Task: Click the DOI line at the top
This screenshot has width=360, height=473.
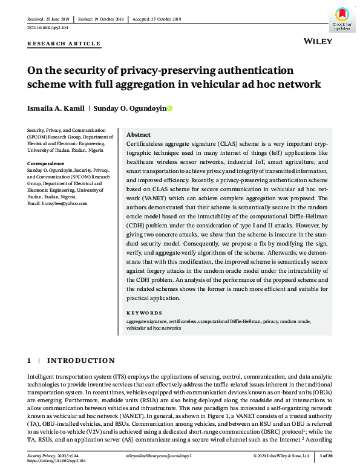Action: pos(48,28)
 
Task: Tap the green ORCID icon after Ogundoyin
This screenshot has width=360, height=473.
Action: pos(169,109)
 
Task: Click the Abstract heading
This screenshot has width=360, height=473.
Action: pos(139,135)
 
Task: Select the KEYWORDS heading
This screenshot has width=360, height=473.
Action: pos(145,313)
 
